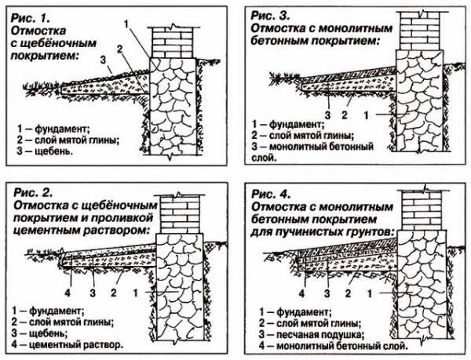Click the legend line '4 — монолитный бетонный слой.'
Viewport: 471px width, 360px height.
[x=327, y=345]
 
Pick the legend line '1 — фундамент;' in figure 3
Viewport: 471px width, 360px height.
[x=287, y=125]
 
